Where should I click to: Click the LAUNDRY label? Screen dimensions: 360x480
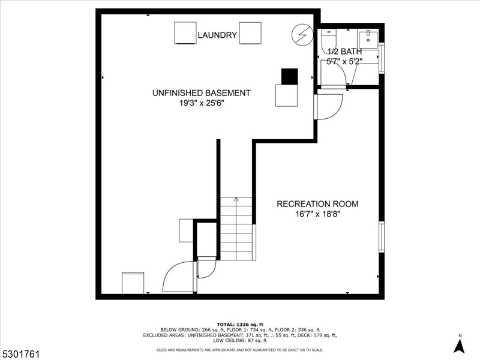click(217, 35)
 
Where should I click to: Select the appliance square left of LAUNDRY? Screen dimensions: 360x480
click(185, 33)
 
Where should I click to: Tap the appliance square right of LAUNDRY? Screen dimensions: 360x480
click(250, 33)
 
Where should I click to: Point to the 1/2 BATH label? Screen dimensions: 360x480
click(344, 52)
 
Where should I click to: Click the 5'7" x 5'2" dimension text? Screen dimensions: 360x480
click(344, 61)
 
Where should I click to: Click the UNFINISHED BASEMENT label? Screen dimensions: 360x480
click(201, 93)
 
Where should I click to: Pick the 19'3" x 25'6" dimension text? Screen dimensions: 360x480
click(201, 103)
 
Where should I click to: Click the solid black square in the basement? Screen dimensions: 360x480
click(289, 76)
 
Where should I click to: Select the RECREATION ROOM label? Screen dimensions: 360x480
click(317, 204)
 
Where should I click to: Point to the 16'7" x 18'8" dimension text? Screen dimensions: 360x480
click(317, 214)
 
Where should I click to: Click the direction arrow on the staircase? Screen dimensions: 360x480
click(236, 200)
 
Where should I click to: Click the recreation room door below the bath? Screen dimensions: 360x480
click(329, 107)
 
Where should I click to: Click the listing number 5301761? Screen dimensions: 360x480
click(20, 355)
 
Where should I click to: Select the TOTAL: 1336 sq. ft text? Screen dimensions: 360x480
click(239, 324)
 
